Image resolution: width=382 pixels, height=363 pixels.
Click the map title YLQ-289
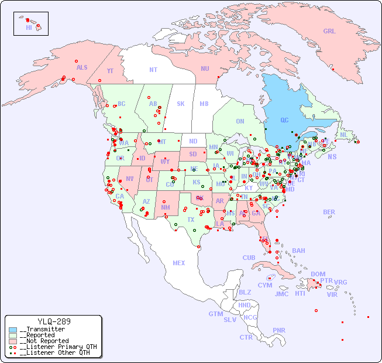54,321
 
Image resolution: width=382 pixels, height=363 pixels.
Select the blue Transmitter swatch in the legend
13,330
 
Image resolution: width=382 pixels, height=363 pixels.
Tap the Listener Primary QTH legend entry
55,347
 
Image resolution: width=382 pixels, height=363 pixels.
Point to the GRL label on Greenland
329,31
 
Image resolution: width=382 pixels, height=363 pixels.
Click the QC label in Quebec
284,121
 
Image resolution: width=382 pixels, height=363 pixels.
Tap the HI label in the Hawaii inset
29,28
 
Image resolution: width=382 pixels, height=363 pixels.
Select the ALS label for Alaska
82,67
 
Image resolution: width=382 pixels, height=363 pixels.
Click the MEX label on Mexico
179,263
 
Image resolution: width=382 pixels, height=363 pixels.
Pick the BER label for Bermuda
329,212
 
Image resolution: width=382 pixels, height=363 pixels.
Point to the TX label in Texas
191,220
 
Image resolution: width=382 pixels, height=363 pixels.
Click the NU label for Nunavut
205,69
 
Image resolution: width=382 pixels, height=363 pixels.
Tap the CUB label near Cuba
249,258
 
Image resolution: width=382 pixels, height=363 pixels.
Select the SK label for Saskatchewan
181,104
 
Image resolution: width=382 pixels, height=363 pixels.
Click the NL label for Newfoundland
343,134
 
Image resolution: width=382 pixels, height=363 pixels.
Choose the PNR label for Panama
279,330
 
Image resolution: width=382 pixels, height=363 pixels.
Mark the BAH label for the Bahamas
298,251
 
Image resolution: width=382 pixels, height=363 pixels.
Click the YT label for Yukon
110,71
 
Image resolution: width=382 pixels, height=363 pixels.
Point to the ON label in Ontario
240,121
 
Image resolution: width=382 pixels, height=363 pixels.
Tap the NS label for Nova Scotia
332,156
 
